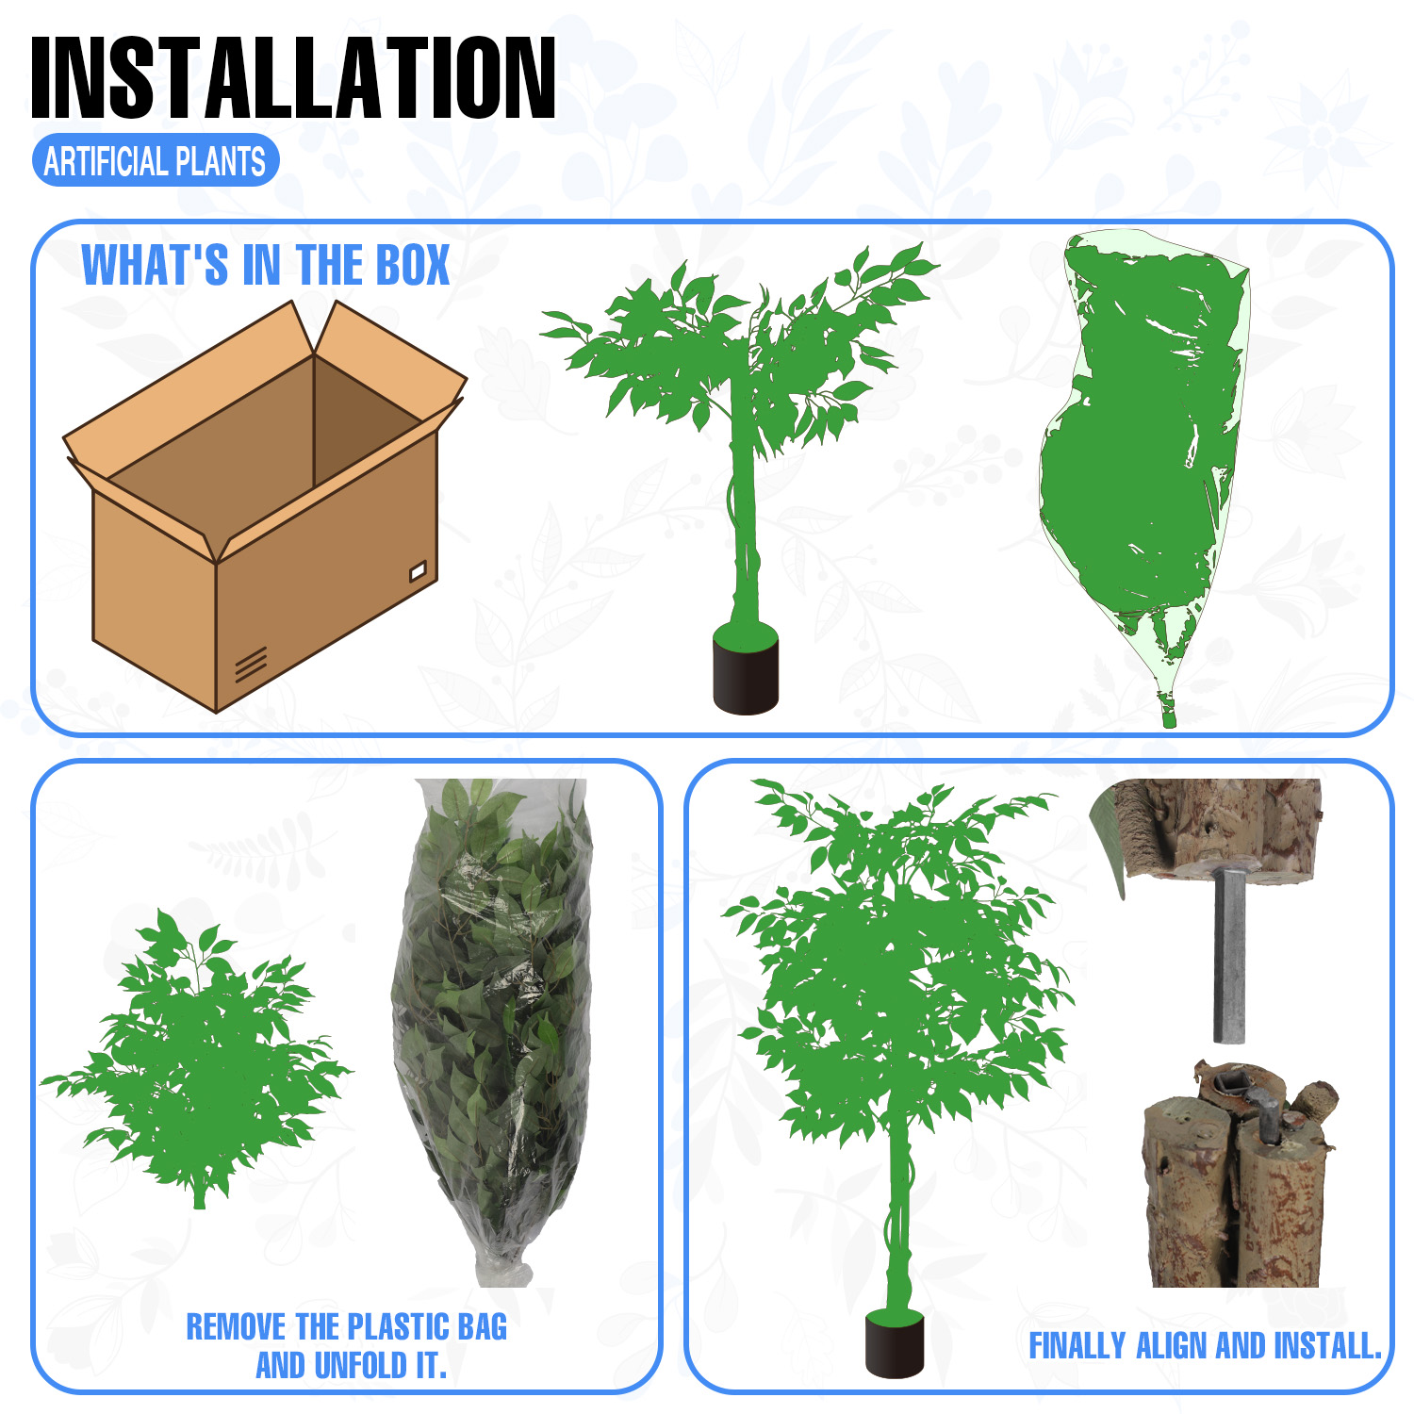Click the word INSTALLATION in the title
pos(293,78)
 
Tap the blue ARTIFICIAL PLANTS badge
pos(156,161)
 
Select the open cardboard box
pos(265,506)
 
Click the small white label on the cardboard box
pos(418,570)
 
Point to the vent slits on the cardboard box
pos(251,664)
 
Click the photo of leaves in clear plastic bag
pos(491,1032)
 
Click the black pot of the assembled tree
pos(895,1343)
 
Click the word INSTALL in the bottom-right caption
pos(1327,1346)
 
